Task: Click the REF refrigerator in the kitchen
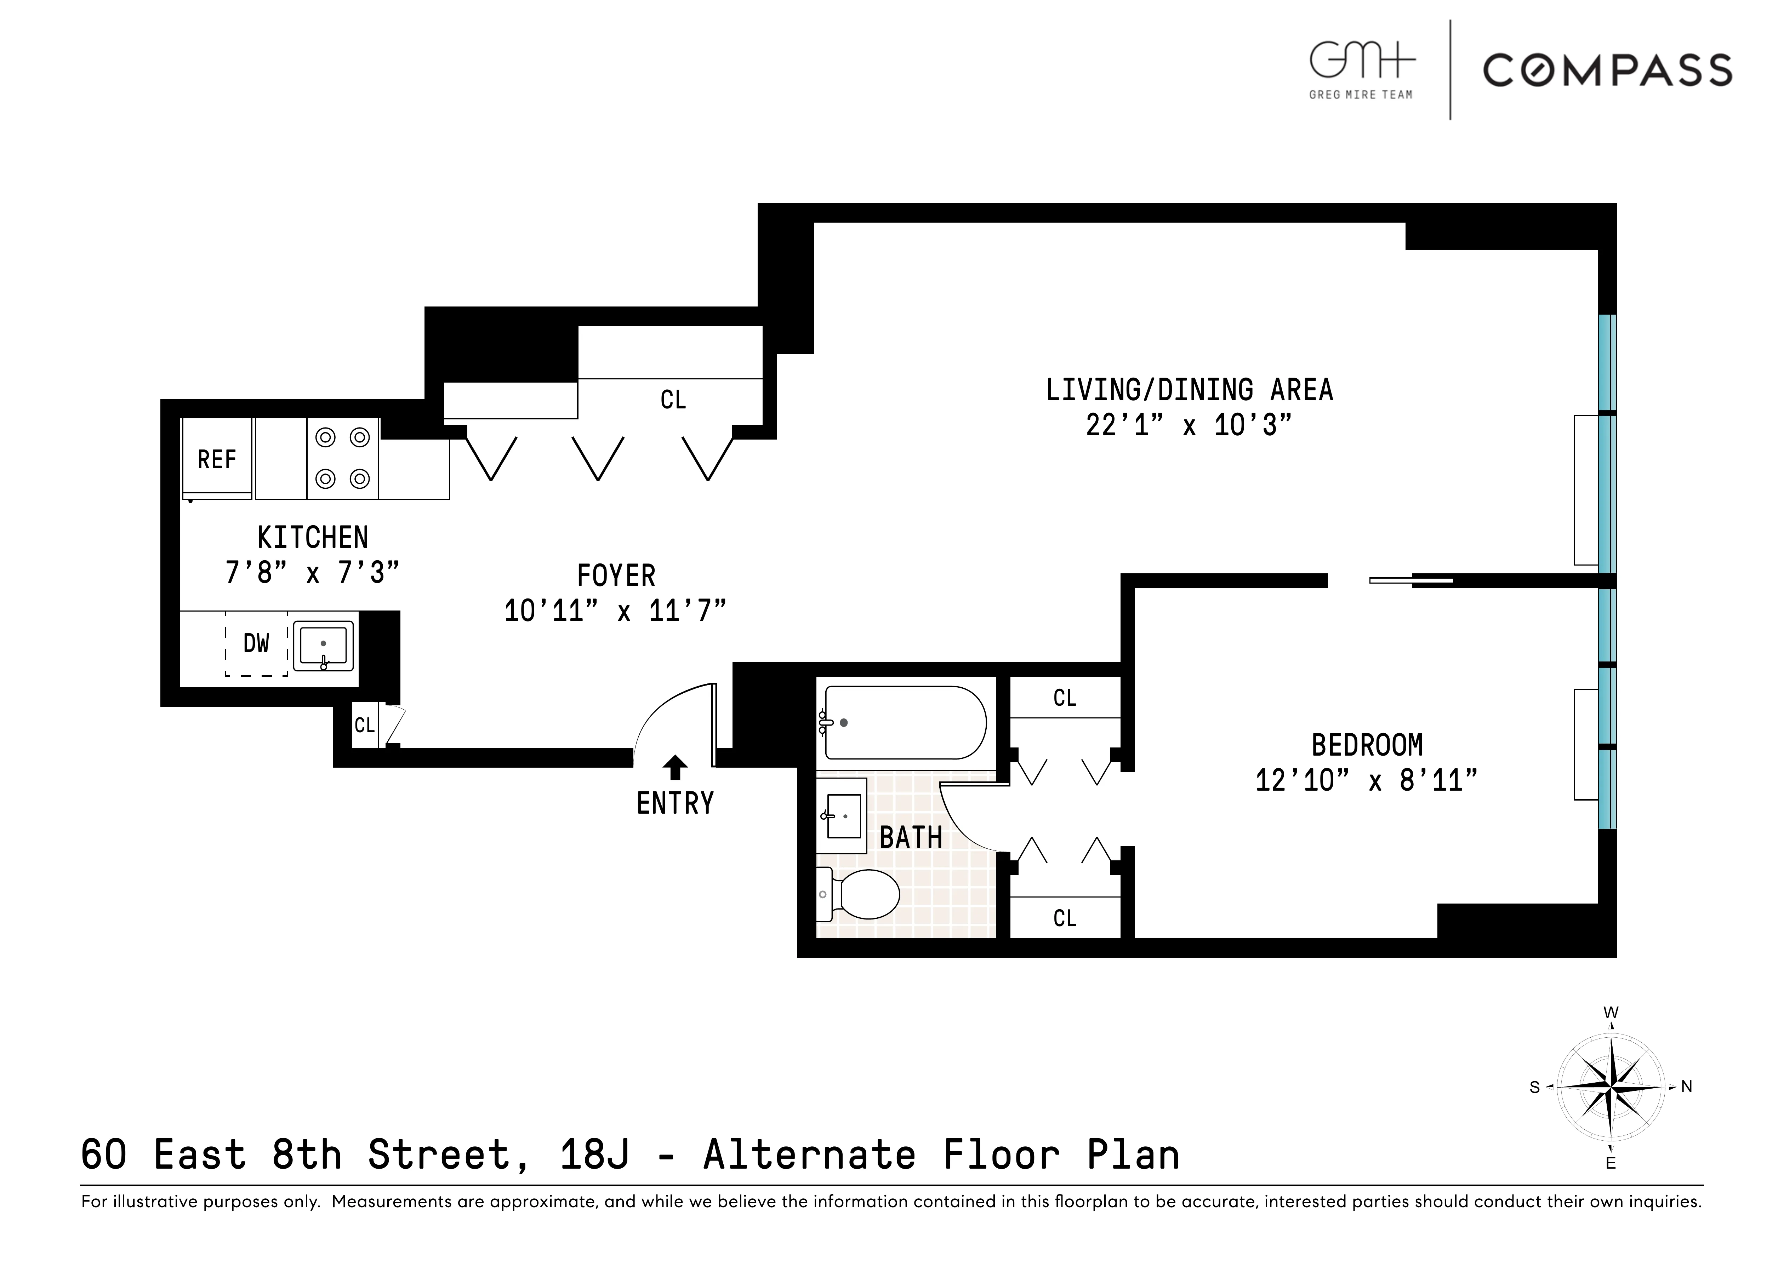[217, 458]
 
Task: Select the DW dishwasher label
[256, 643]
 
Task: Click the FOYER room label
[616, 576]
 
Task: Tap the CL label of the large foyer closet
[673, 400]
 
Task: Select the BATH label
[911, 838]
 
